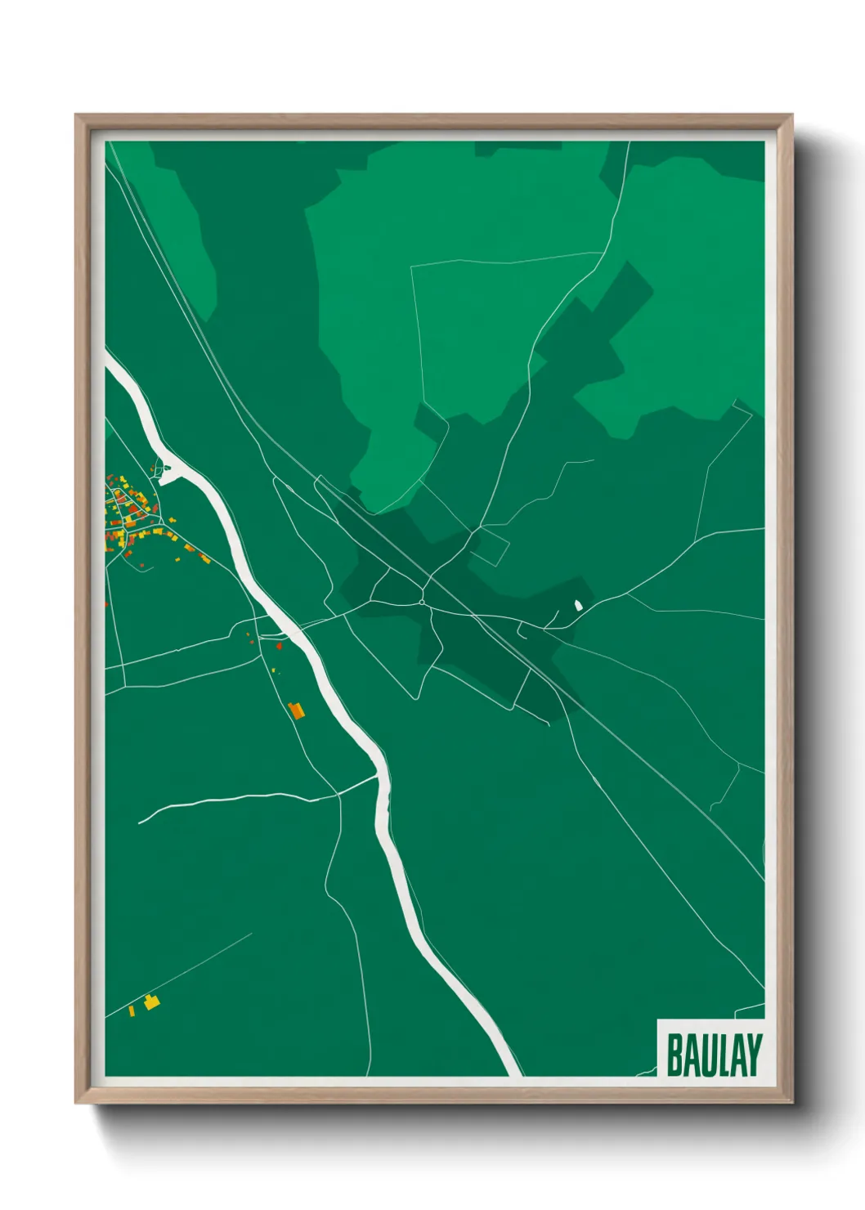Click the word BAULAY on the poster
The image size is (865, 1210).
pyautogui.click(x=714, y=1055)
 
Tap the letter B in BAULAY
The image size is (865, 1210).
pyautogui.click(x=676, y=1055)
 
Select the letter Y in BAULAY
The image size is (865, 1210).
pyautogui.click(x=754, y=1055)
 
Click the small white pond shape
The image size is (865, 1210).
pyautogui.click(x=579, y=605)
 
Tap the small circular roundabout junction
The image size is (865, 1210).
pyautogui.click(x=422, y=603)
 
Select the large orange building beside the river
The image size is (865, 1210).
pyautogui.click(x=296, y=710)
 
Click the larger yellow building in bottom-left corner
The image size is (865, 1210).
pyautogui.click(x=150, y=1002)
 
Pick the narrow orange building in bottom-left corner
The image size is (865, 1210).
pyautogui.click(x=132, y=1011)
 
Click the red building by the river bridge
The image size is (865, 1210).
pyautogui.click(x=280, y=646)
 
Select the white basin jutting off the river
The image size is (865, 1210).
pyautogui.click(x=168, y=470)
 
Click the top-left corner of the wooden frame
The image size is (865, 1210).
pyautogui.click(x=78, y=117)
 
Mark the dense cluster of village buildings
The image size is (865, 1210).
pyautogui.click(x=129, y=512)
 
